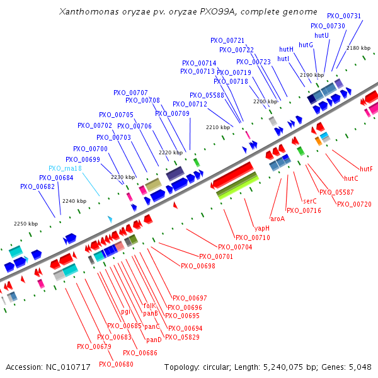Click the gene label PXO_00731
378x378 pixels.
click(344, 16)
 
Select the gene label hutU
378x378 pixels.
click(321, 35)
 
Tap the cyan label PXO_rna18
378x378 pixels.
click(66, 169)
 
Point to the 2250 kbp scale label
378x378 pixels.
click(26, 224)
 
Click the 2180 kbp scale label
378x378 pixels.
click(358, 48)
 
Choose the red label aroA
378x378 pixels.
click(277, 219)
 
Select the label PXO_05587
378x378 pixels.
click(336, 192)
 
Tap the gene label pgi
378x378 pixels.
click(125, 312)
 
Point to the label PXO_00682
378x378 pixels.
click(37, 186)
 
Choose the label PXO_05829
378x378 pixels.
click(182, 338)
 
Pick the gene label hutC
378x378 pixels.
click(351, 178)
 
